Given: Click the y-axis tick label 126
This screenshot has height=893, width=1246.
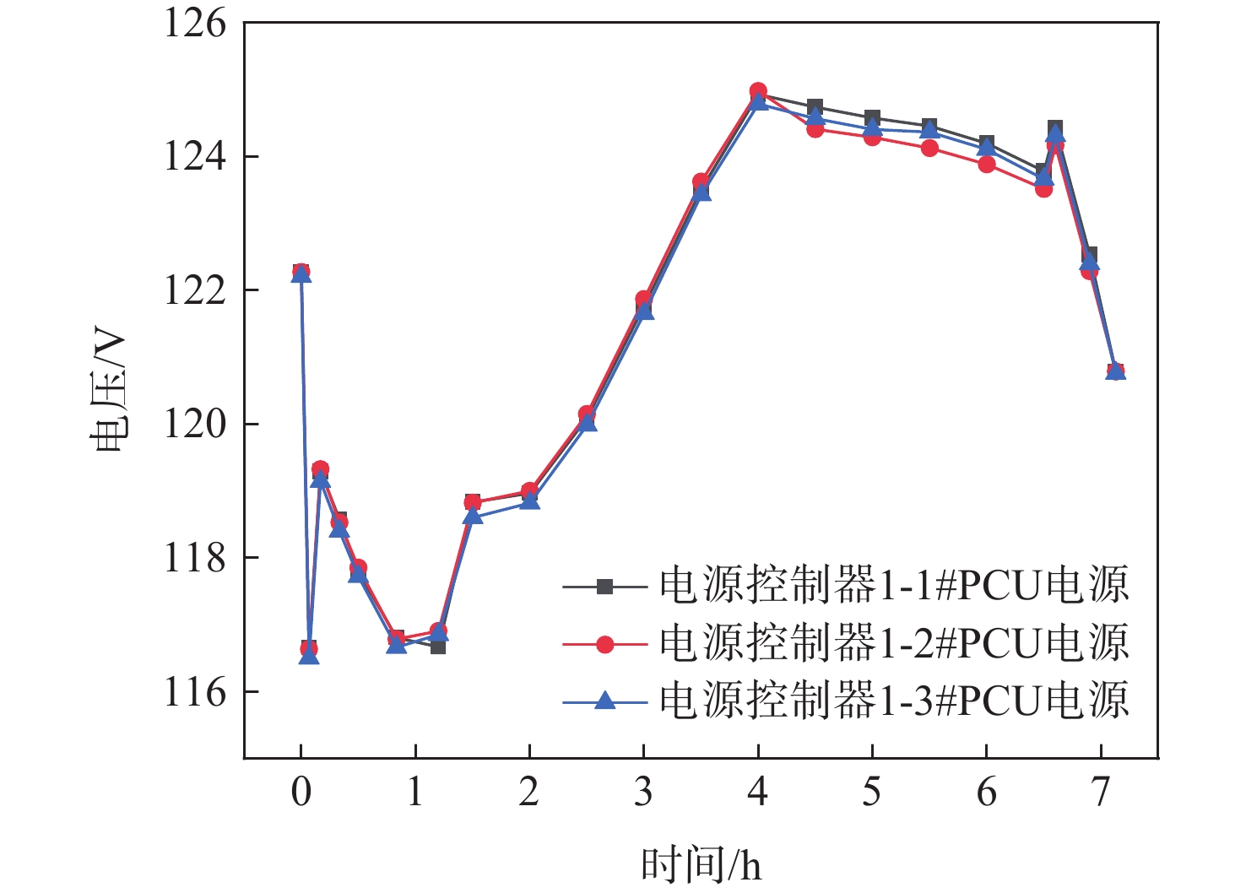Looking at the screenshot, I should click(195, 24).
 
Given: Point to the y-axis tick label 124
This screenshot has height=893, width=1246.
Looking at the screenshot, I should click(195, 157).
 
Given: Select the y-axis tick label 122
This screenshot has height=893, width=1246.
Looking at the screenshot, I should click(195, 290).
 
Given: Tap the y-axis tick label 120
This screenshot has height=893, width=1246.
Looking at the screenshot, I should click(195, 424).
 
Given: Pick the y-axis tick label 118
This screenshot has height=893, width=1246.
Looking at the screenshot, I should click(195, 558).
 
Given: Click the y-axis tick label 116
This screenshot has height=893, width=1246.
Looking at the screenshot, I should click(195, 692).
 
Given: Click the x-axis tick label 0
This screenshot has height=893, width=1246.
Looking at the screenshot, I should click(301, 793).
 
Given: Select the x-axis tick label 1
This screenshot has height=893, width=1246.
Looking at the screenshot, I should click(415, 793).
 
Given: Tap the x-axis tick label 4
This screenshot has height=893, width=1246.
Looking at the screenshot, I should click(758, 793).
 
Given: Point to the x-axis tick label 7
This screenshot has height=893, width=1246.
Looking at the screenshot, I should click(1101, 793).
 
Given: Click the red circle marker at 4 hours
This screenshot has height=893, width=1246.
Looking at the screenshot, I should click(758, 91).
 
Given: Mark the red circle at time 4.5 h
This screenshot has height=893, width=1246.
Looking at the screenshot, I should click(815, 129).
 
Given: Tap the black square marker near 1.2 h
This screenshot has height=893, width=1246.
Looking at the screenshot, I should click(438, 647).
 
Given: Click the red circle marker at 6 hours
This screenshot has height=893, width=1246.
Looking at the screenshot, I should click(987, 164).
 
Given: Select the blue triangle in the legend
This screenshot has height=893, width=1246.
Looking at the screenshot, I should click(604, 700).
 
